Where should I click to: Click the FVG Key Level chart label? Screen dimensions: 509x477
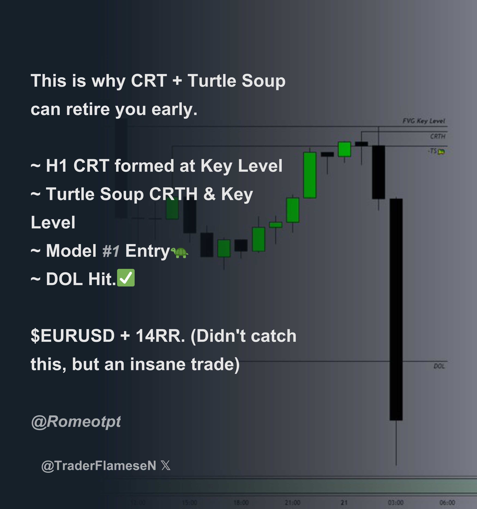click(x=424, y=121)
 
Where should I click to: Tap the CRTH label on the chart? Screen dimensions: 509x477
click(x=438, y=136)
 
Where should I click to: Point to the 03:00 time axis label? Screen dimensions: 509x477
click(x=396, y=502)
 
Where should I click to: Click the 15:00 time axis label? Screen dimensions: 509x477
click(x=189, y=502)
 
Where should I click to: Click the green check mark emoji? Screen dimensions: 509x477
click(x=126, y=278)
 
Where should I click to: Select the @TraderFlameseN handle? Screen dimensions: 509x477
click(x=99, y=466)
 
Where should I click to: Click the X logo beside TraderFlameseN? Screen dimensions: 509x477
click(x=166, y=466)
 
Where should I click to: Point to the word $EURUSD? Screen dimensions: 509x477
click(x=73, y=336)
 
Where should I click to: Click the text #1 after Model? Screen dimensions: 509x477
click(x=111, y=251)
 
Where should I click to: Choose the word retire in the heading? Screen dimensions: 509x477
click(x=88, y=109)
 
